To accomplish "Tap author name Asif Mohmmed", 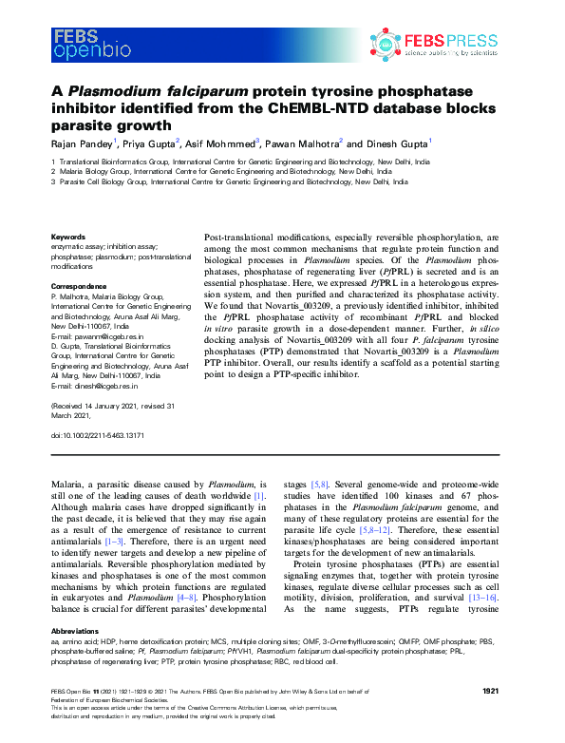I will [219, 144].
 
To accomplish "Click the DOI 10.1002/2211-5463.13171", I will [103, 434].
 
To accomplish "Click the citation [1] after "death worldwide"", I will [258, 497].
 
